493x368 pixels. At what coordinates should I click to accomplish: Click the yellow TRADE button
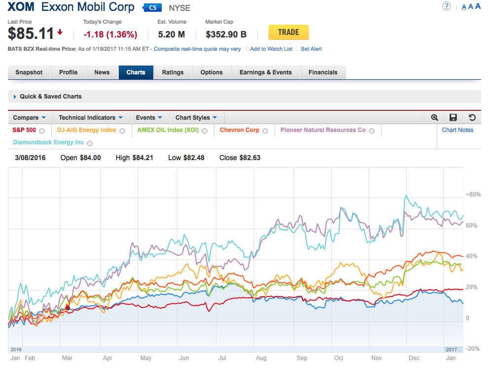pos(288,33)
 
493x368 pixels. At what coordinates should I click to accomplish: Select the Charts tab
pos(136,72)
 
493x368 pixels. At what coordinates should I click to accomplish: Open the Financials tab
pos(323,72)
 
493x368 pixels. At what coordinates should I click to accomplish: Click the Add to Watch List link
pos(271,49)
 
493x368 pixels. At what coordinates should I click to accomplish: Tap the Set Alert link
pos(311,49)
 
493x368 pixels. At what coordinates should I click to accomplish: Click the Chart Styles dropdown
pos(196,118)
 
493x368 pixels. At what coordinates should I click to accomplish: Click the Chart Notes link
pos(458,130)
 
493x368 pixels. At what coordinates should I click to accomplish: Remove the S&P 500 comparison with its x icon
pos(42,131)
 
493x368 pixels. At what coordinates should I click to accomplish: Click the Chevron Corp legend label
pos(239,130)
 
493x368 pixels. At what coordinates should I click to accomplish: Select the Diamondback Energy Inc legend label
pos(48,142)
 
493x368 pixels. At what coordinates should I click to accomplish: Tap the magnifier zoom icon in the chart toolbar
pos(434,118)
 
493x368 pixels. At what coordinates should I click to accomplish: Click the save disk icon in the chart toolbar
pos(453,118)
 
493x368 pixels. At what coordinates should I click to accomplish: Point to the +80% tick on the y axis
pos(473,195)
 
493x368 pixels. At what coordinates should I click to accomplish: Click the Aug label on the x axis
pos(261,358)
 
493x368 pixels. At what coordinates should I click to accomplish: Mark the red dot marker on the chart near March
pos(68,307)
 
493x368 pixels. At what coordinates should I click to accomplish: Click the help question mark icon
pos(446,6)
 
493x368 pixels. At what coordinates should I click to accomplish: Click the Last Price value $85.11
pos(31,33)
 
